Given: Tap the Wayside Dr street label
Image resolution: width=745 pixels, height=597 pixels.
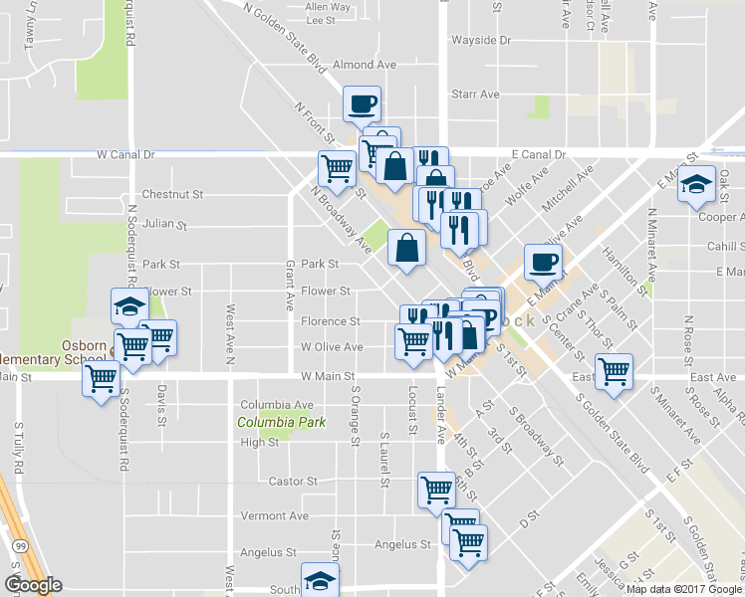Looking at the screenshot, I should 481,41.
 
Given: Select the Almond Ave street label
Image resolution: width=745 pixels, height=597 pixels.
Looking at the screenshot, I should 365,65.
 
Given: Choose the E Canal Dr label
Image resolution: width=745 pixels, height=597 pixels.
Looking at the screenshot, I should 538,155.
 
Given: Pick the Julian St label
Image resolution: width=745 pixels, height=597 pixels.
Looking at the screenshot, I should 165,225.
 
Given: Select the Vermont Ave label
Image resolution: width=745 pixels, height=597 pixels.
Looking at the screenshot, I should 275,516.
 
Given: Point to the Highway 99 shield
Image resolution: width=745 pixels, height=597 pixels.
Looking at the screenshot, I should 19,546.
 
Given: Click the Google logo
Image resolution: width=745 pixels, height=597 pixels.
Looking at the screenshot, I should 33,585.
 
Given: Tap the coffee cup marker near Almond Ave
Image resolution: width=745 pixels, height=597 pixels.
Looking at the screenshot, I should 362,102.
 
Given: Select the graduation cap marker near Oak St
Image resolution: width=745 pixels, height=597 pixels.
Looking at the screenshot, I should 697,183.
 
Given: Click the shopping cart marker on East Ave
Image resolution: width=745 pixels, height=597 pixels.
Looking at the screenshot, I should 615,372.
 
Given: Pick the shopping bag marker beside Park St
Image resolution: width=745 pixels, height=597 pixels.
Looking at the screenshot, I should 407,248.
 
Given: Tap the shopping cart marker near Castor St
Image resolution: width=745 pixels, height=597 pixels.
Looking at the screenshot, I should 436,489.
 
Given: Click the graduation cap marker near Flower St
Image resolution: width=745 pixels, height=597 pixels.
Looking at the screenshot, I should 129,306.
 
